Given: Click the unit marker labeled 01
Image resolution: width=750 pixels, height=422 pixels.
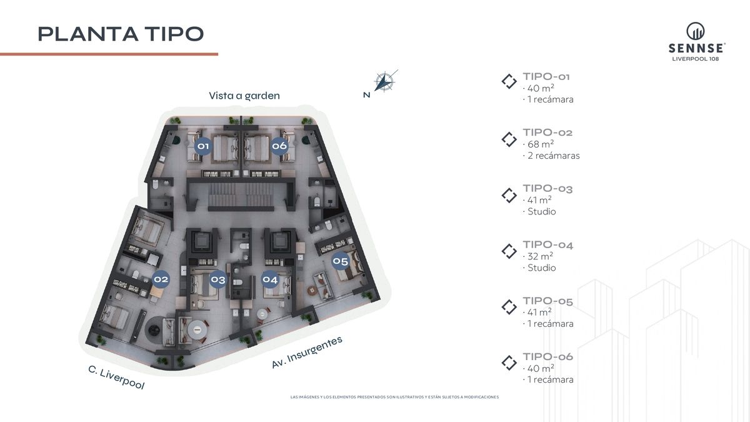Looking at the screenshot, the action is point(203,146).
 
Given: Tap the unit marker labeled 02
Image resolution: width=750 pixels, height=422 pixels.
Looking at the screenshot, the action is point(161,279).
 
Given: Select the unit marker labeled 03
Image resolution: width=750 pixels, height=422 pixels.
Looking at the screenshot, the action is point(218,279).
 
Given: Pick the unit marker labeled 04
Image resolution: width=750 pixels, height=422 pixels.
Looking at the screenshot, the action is point(270,279).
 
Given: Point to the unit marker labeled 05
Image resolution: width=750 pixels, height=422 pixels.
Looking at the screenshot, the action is point(340,261).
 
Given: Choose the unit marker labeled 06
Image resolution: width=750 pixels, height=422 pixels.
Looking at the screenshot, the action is point(279,146).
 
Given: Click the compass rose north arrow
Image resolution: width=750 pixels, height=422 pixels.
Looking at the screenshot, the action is point(385,81).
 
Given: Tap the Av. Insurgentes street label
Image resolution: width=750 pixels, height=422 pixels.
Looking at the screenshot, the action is point(307,352).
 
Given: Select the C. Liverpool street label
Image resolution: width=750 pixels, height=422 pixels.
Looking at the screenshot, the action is point(116,378).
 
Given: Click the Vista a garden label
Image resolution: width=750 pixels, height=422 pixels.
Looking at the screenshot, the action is point(244,96).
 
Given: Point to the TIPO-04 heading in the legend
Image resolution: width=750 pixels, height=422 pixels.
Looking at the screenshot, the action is point(547,245).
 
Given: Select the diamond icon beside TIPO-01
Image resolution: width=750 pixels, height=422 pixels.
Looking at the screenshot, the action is point(509,81).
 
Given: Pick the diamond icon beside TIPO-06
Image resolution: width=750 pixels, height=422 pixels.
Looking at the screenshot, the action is point(509,363).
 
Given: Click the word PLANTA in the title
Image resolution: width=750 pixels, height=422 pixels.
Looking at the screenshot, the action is point(88,34).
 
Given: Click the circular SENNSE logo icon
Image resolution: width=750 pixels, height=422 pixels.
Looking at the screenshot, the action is point(696,31).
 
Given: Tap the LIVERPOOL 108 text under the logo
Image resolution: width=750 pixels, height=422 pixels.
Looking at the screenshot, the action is point(696,59).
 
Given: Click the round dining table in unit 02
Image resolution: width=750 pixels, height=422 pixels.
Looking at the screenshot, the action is point(197,330).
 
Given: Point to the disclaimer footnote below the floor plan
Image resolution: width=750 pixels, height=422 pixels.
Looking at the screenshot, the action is point(394,397).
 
